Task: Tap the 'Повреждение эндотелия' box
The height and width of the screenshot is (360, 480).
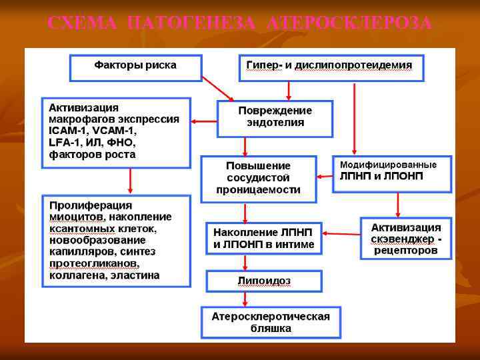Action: coord(275,117)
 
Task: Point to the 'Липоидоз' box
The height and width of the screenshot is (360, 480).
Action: coord(264,281)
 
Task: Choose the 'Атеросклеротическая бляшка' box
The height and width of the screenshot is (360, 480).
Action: coord(271,322)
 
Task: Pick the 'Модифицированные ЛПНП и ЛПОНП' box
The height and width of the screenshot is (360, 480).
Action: coord(391,171)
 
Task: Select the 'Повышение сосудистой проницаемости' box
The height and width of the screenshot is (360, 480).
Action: coord(258,177)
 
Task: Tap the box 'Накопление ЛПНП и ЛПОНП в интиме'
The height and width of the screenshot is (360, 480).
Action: coord(263,238)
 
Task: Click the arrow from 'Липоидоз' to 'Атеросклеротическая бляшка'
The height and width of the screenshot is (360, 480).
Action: coord(245,299)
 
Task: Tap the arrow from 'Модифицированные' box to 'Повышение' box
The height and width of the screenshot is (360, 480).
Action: coord(325,177)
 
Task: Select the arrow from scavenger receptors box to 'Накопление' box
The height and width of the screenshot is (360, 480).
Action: coord(341,234)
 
